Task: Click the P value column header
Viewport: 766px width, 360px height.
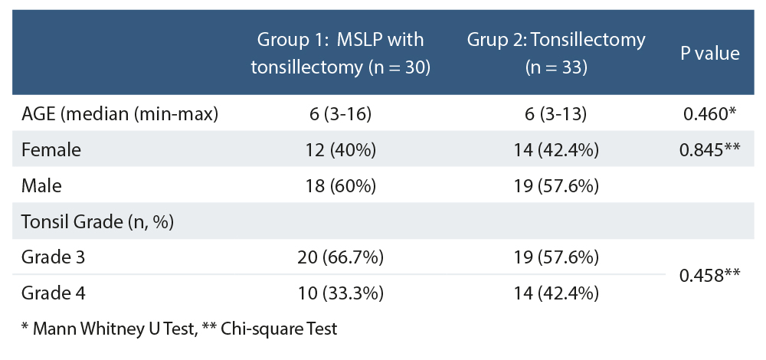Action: pyautogui.click(x=709, y=53)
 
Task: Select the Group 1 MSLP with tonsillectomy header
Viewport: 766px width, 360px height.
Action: pyautogui.click(x=340, y=53)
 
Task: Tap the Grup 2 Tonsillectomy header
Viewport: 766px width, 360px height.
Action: pyautogui.click(x=556, y=53)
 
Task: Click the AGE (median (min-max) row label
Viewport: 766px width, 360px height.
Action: pyautogui.click(x=120, y=114)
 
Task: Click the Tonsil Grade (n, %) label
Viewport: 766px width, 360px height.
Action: pyautogui.click(x=97, y=222)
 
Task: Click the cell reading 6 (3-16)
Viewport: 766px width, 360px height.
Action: pyautogui.click(x=340, y=114)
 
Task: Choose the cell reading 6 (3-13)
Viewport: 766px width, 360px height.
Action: pyautogui.click(x=556, y=114)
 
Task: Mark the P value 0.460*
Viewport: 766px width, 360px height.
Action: pyautogui.click(x=709, y=114)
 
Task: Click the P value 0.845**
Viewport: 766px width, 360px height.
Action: pyautogui.click(x=709, y=150)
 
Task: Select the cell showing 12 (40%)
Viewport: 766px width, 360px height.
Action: pyautogui.click(x=340, y=150)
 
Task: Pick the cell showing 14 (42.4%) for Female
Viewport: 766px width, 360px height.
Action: pyautogui.click(x=556, y=150)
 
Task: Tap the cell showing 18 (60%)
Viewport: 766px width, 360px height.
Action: pyautogui.click(x=340, y=186)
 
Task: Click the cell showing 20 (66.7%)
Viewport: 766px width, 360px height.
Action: pyautogui.click(x=340, y=257)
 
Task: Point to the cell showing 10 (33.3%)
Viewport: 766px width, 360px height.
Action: pyautogui.click(x=340, y=293)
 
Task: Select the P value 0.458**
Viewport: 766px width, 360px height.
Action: pyautogui.click(x=709, y=275)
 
